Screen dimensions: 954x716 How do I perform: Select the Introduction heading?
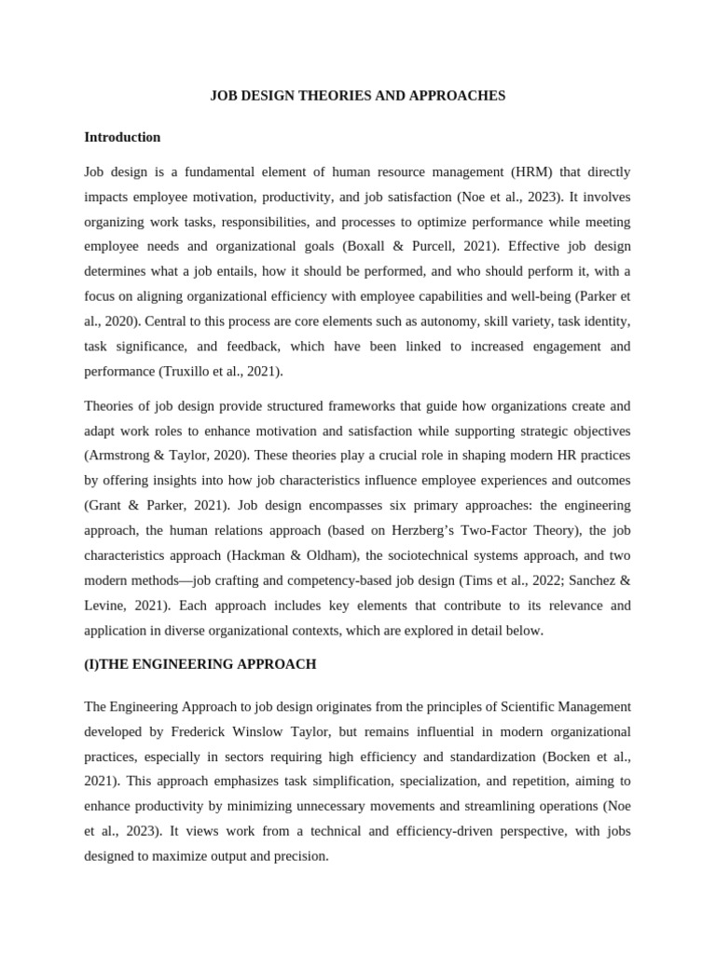click(122, 137)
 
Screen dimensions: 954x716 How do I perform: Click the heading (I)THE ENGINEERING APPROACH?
click(200, 664)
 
